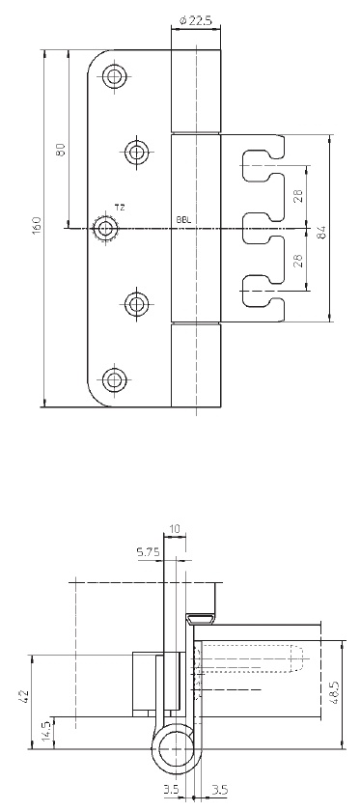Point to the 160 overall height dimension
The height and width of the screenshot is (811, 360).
tap(37, 226)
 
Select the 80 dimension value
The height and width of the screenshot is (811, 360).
tap(61, 150)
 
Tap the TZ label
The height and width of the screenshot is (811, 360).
tap(120, 208)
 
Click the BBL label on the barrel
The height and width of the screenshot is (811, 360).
tap(183, 220)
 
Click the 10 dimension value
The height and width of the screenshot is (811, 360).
tap(175, 529)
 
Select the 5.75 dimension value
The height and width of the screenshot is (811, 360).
tap(149, 552)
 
